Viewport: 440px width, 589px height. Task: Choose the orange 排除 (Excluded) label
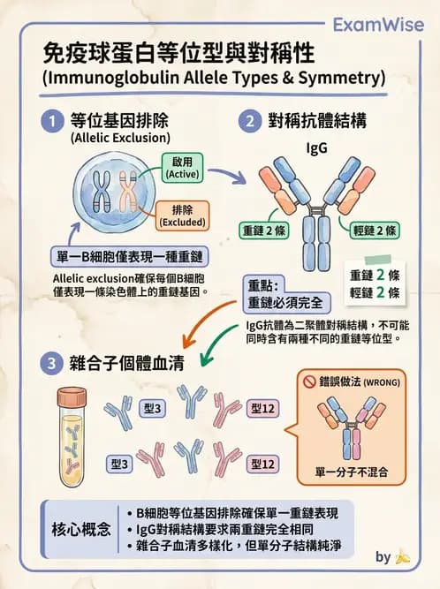click(182, 215)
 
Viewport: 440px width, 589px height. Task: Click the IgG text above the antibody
click(316, 148)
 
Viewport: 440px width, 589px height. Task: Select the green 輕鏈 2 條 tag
click(375, 230)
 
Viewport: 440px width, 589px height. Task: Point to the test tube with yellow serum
click(72, 432)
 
